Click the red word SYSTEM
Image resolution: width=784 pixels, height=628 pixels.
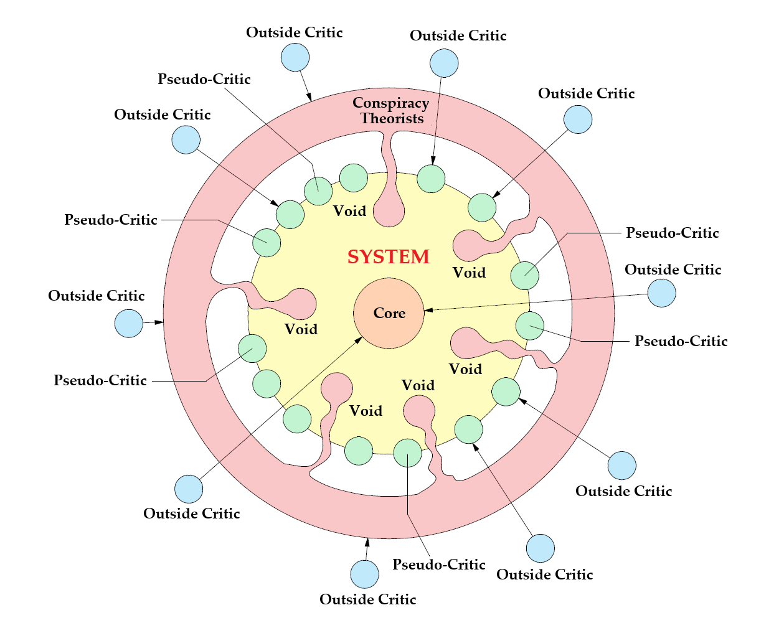(x=389, y=256)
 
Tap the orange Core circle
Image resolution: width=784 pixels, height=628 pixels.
(x=389, y=313)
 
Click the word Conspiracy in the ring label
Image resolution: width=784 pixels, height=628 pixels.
(x=390, y=103)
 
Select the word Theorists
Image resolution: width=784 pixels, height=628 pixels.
(x=392, y=118)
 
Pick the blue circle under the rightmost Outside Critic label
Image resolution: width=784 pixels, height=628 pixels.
(x=661, y=293)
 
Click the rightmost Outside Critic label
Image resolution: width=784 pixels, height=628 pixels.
(x=673, y=269)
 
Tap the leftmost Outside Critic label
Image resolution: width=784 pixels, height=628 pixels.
(x=97, y=296)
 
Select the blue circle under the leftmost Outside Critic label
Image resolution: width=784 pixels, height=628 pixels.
(x=129, y=323)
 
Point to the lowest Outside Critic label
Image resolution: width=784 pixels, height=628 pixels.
(x=367, y=599)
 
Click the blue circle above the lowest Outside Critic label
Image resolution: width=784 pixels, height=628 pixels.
(x=364, y=574)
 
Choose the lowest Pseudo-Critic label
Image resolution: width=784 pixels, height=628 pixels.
(x=438, y=565)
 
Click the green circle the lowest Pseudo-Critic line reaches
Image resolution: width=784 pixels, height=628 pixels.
(x=408, y=453)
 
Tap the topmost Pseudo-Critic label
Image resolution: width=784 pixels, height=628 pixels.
(x=204, y=79)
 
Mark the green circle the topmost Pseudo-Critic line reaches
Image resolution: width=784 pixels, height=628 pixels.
(x=318, y=191)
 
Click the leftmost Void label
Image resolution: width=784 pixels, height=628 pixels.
(x=301, y=329)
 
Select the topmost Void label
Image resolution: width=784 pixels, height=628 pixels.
(x=349, y=211)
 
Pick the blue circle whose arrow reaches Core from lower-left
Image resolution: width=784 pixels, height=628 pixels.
(x=189, y=489)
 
